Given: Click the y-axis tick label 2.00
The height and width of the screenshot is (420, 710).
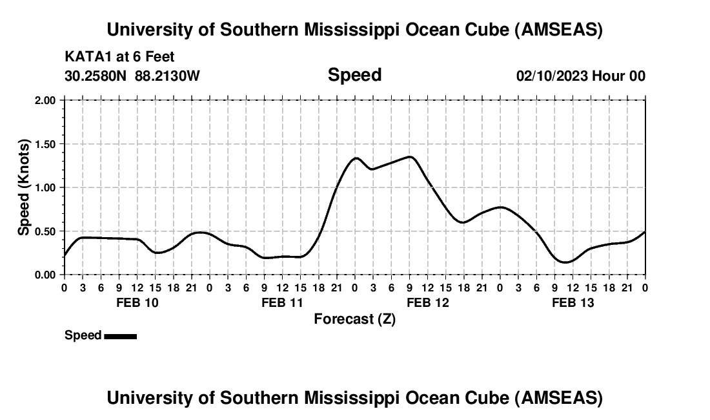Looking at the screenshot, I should (45, 101).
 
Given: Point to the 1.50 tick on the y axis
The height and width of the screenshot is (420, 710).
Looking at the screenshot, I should (45, 144).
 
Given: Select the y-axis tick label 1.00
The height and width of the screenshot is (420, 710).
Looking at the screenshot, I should (45, 188).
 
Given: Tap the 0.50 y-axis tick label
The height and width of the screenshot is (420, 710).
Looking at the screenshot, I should (45, 231).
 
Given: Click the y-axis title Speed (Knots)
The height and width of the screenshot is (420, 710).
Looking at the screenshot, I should (24, 187).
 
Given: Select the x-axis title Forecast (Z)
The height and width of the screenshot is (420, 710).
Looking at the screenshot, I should (354, 319).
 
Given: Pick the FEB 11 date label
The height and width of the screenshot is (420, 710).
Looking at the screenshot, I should (282, 302).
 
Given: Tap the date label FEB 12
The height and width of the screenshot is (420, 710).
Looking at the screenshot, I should (427, 302).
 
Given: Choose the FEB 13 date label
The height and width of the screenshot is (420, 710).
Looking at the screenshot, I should (573, 302).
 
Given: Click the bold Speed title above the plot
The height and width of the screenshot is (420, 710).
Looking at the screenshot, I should (354, 75).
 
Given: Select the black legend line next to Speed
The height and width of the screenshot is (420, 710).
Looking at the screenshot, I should (120, 336).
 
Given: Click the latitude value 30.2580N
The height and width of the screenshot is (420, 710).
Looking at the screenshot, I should (97, 76).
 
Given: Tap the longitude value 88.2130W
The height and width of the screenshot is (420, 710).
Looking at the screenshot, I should (167, 76).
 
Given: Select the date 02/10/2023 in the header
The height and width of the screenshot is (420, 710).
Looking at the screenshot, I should (551, 76).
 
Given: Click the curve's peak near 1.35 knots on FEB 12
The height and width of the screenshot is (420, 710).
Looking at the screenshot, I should (410, 156).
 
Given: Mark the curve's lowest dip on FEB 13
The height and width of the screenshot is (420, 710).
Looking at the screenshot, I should (565, 262).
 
